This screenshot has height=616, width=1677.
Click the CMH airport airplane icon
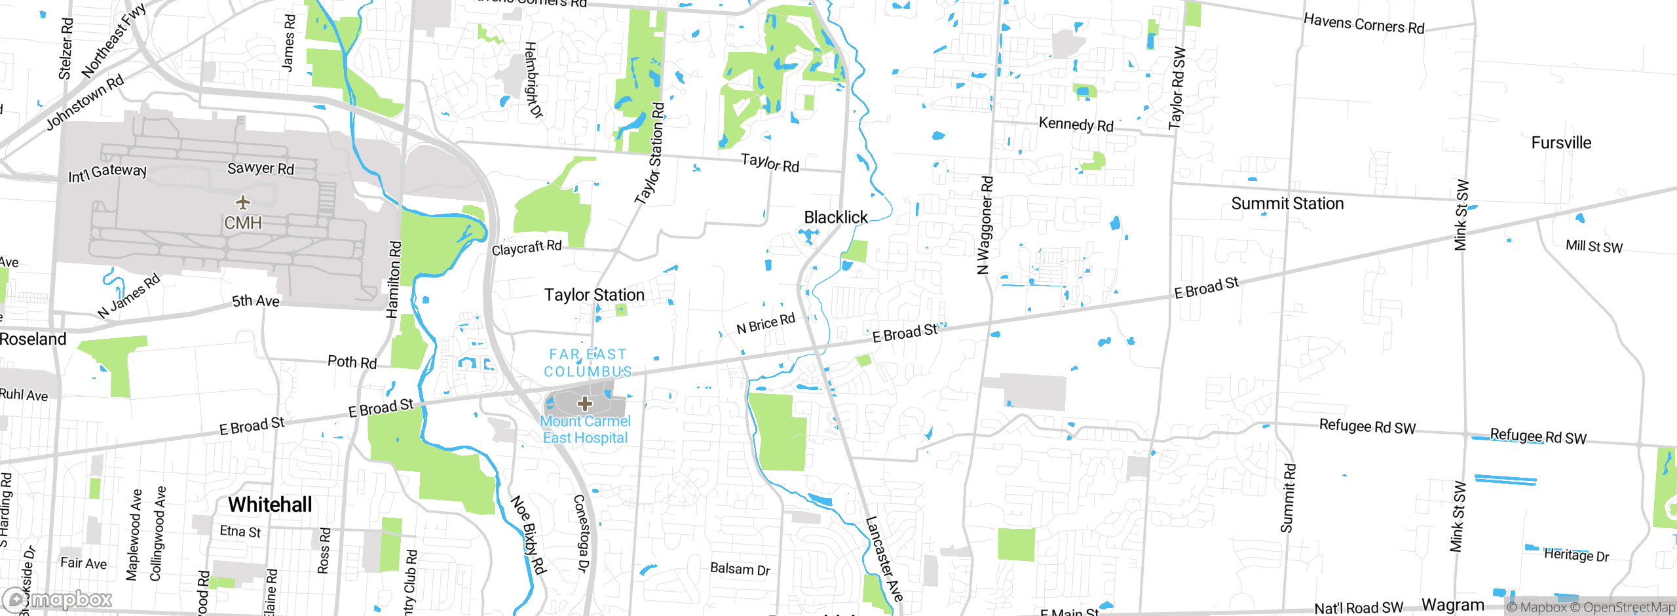243,202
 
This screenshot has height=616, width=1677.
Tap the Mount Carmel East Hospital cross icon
585,403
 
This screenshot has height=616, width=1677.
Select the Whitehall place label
270,504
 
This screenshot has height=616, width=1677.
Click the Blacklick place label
835,217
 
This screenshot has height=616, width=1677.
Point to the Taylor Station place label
594,295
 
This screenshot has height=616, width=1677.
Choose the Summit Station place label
1287,204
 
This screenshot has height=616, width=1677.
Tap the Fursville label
1561,143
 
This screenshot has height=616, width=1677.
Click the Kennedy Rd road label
1076,125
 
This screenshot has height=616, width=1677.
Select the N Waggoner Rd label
985,225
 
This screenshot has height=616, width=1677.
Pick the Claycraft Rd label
527,248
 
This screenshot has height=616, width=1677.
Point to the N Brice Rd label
765,323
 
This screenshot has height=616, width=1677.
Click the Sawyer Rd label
261,168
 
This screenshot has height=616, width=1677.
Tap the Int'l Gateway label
107,173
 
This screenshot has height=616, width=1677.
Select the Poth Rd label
352,362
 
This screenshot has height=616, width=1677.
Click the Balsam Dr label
740,569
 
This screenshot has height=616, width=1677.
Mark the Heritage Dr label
1576,555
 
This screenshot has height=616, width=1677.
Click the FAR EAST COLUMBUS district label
588,362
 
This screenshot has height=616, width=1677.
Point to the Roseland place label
33,339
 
